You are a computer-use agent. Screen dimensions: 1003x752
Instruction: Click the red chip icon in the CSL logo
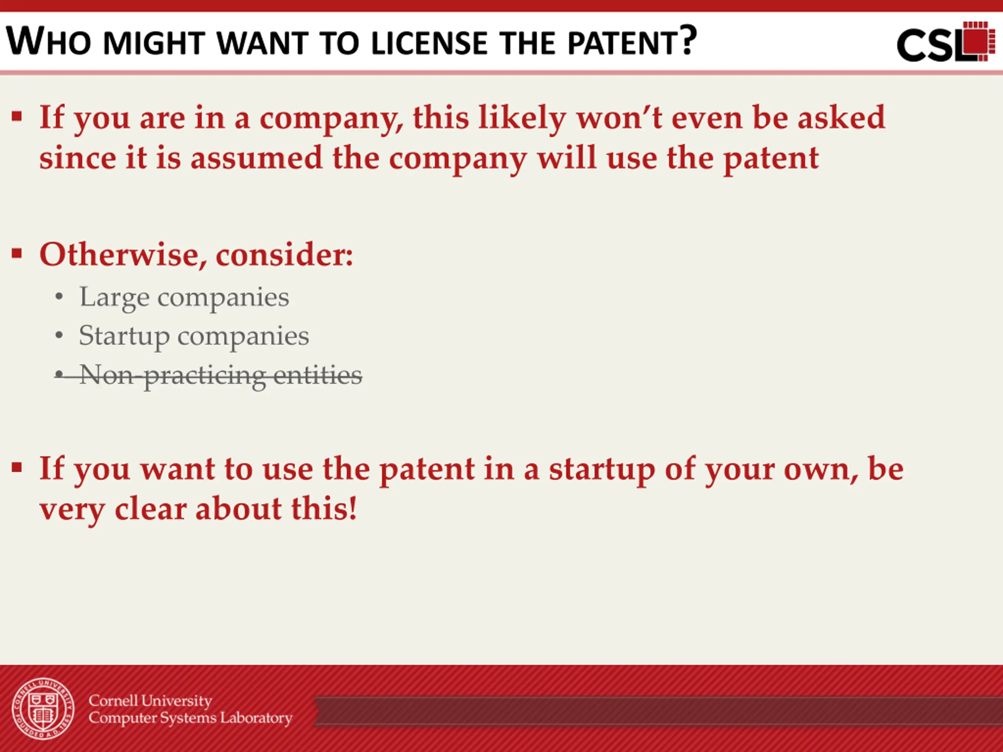(978, 41)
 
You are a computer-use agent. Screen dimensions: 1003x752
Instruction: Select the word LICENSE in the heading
(429, 43)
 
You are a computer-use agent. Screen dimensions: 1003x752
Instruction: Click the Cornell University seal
(43, 709)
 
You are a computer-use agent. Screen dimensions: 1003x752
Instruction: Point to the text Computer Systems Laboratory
(190, 718)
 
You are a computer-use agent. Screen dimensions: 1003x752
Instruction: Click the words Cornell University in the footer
(150, 701)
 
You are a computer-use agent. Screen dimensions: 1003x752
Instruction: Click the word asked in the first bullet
(841, 117)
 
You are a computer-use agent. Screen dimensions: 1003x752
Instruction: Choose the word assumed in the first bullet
(256, 159)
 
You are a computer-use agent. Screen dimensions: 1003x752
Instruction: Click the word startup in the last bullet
(602, 470)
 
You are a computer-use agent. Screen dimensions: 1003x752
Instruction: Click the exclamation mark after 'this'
(352, 508)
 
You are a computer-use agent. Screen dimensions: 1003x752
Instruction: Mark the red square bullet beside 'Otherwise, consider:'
(17, 253)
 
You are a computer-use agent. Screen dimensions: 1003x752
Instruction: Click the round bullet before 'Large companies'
(58, 297)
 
